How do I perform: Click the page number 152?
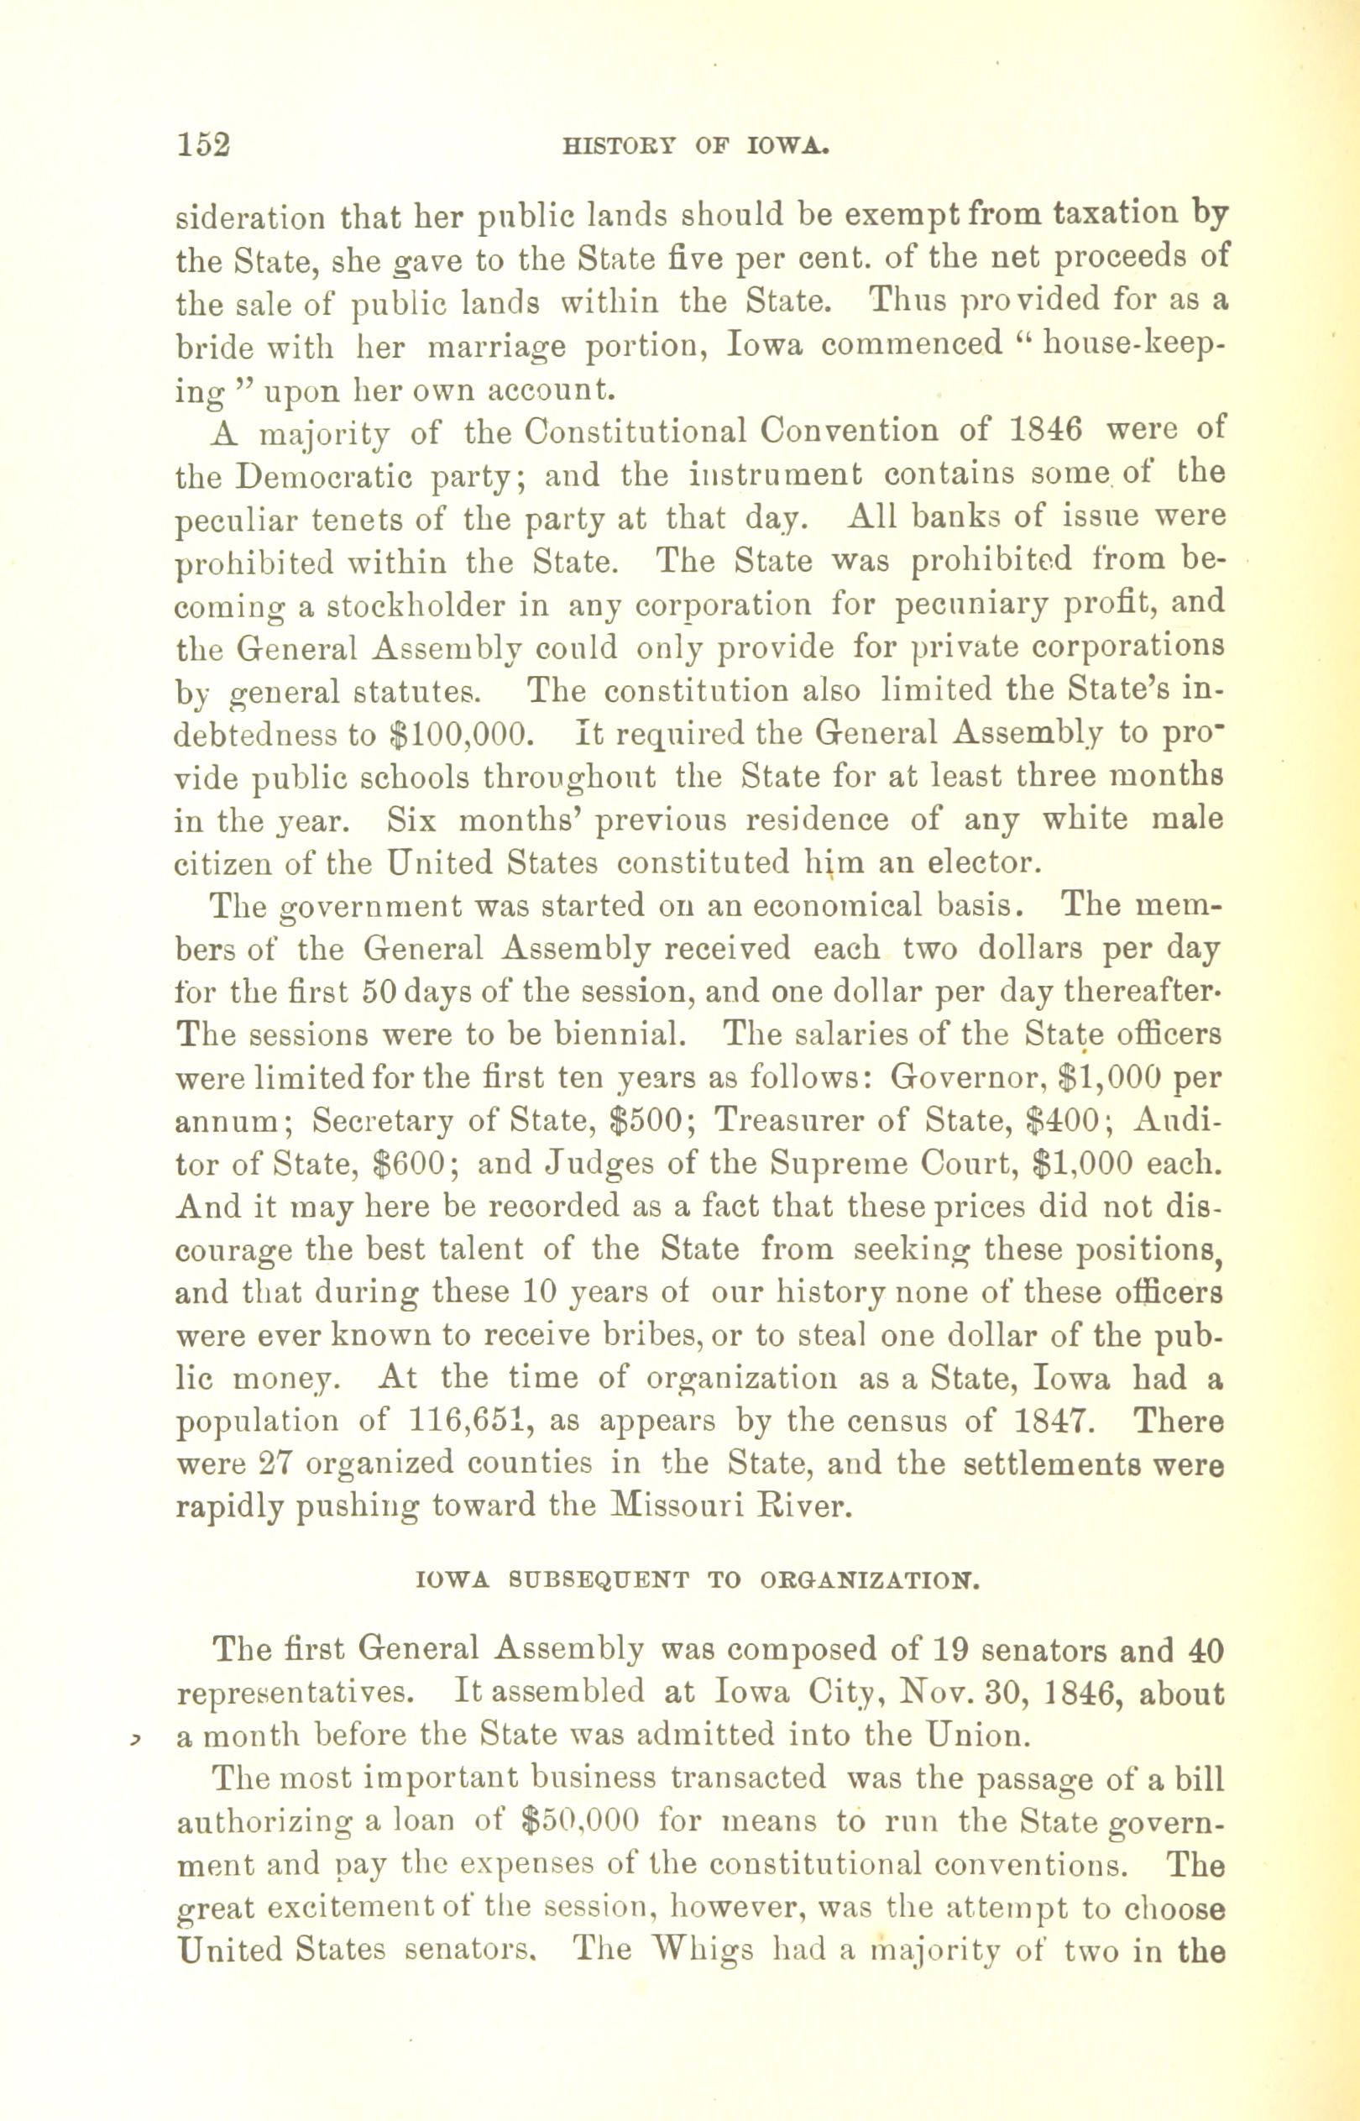(204, 144)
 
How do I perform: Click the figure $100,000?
(459, 734)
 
